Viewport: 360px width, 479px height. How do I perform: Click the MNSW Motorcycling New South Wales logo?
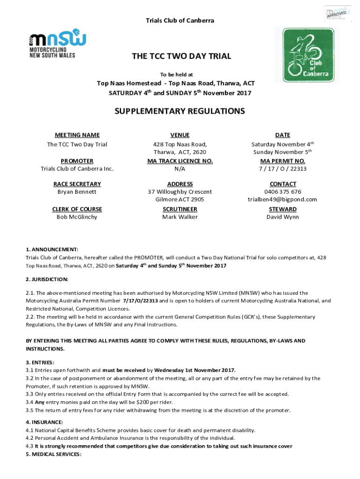[x=58, y=45]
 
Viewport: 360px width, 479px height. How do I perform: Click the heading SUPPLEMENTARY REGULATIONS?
[x=180, y=111]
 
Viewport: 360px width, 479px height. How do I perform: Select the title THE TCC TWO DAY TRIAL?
[x=181, y=56]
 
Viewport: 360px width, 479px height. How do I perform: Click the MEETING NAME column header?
[x=77, y=135]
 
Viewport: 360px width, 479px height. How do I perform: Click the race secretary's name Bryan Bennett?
[x=77, y=192]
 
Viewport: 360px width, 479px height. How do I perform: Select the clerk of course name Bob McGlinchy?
[x=77, y=217]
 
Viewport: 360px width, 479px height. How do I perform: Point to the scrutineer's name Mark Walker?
[x=180, y=217]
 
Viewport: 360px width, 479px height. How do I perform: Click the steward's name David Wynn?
[x=282, y=217]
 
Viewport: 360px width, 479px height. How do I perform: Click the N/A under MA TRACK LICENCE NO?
[x=180, y=169]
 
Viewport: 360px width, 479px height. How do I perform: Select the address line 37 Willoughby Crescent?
[x=180, y=192]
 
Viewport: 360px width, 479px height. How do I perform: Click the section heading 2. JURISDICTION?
[x=47, y=279]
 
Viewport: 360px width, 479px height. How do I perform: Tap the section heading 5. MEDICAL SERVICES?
[x=53, y=454]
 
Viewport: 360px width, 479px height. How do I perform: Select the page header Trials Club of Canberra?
[x=180, y=21]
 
